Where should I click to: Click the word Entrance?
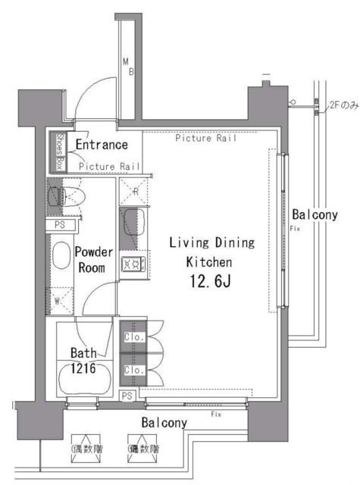(x=101, y=145)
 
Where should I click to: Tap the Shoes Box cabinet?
(x=61, y=152)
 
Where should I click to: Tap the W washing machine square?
(x=60, y=302)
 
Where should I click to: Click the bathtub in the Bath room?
(x=84, y=377)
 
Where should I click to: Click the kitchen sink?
(x=136, y=224)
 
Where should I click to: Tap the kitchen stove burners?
(x=133, y=264)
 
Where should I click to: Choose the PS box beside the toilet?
(x=59, y=225)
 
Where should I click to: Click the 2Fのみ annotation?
(x=343, y=105)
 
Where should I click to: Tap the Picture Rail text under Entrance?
(x=109, y=167)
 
